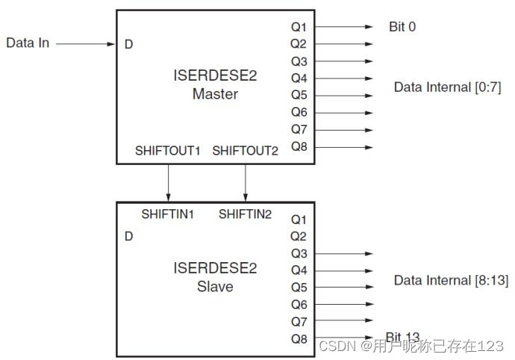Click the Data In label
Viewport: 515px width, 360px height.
[x=28, y=43]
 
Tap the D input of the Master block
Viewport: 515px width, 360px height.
[x=129, y=44]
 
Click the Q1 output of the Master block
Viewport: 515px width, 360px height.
[x=298, y=27]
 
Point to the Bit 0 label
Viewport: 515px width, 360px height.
[x=403, y=27]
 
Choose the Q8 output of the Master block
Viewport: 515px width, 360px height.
[x=298, y=147]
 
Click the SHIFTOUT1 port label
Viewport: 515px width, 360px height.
[x=168, y=151]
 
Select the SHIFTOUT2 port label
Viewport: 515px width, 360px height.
[x=245, y=151]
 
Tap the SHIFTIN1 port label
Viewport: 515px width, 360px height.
[x=168, y=214]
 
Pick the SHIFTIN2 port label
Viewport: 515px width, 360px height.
[x=245, y=214]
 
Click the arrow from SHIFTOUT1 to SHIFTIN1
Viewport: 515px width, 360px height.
[x=168, y=181]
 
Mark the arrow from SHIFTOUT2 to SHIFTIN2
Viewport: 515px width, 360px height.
[x=246, y=181]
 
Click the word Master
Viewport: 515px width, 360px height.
[x=215, y=95]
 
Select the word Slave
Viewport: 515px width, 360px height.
[x=214, y=287]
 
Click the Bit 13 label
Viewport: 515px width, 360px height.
[x=403, y=338]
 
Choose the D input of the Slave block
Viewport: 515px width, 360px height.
[x=129, y=237]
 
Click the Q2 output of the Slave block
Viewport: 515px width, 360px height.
[x=298, y=237]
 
